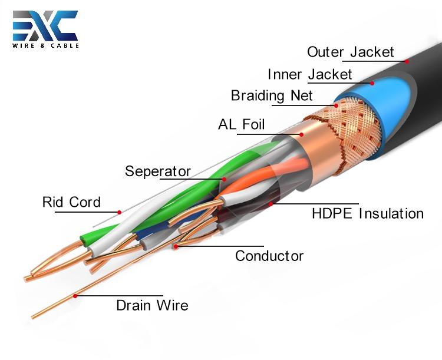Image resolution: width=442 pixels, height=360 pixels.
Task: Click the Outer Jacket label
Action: coord(351,52)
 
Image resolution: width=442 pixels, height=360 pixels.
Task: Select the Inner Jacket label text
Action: coord(309,74)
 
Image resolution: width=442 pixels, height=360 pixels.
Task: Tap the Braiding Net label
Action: coord(272,95)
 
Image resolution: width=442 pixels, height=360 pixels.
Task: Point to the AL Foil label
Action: coord(242,124)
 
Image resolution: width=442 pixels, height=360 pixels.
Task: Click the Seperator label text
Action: coord(158,171)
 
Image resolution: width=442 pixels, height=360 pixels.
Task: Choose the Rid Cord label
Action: coord(71,203)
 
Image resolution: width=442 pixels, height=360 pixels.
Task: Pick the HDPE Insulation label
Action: coord(367,213)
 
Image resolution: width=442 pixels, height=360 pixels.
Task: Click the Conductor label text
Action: coord(269,256)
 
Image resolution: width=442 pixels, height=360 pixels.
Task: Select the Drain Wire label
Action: coord(152,305)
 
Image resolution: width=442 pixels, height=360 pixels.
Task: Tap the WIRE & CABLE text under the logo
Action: coord(45,45)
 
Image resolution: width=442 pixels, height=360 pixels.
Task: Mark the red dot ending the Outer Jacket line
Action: coord(406,60)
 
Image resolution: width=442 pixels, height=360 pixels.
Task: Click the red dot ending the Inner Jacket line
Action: coord(372,83)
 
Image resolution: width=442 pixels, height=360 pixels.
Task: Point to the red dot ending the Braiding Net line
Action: coord(337,105)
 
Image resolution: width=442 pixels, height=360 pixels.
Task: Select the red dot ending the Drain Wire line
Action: coord(75,296)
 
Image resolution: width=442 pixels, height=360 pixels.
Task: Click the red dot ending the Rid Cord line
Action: coord(119,212)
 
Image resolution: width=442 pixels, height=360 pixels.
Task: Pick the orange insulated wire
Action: coord(253,183)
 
